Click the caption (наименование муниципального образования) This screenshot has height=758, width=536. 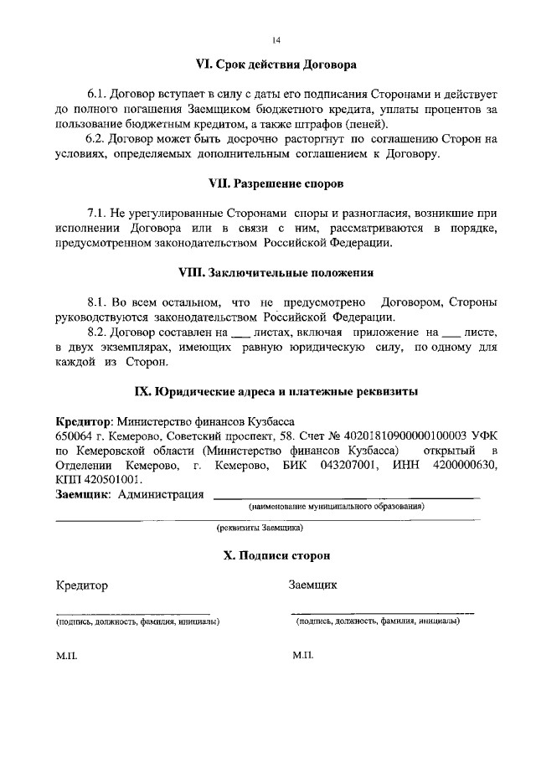(335, 507)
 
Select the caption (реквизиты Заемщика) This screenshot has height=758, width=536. (259, 529)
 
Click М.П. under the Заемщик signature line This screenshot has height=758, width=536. (303, 655)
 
